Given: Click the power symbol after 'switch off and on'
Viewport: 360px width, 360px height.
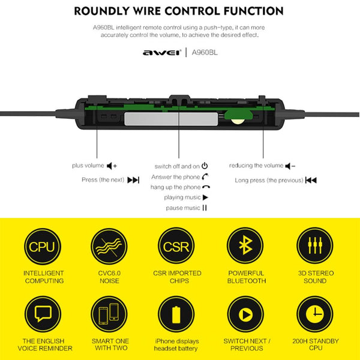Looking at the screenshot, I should (205, 166).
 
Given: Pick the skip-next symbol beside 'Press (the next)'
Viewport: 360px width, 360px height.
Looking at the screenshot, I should (133, 180).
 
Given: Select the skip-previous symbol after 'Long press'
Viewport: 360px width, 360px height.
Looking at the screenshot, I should (311, 180).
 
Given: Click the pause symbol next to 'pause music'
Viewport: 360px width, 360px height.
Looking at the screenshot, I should (205, 208).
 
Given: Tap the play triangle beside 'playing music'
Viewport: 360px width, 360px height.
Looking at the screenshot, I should (205, 197).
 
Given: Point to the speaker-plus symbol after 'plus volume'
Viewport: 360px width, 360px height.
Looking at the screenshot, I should (112, 166).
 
